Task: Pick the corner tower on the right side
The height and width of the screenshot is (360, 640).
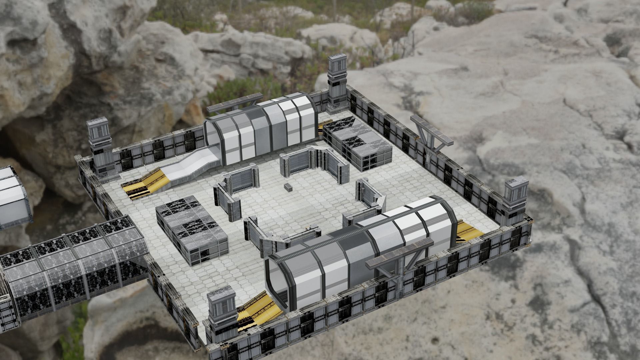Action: [515, 200]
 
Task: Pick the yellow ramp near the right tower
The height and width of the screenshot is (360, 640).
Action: [468, 230]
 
